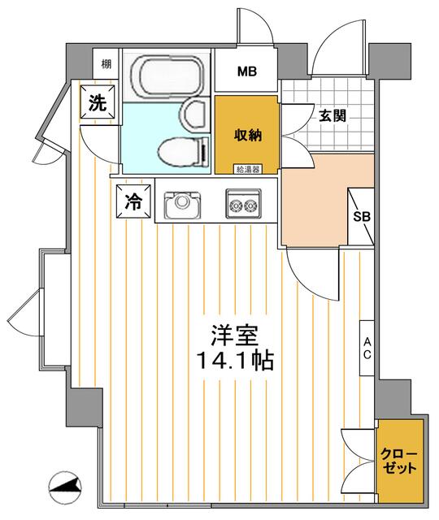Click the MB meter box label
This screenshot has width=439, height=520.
click(247, 71)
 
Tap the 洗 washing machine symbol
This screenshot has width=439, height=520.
click(98, 103)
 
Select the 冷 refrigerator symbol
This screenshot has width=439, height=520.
click(133, 201)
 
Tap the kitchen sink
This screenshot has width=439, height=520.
click(182, 205)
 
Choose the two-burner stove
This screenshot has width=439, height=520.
click(243, 204)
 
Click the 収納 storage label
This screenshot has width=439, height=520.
click(248, 135)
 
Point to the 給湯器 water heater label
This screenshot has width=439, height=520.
click(247, 170)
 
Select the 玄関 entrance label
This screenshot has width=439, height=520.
click(333, 115)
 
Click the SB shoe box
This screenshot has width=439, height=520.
click(361, 217)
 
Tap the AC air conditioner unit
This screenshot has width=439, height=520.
click(367, 348)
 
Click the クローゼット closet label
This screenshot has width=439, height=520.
click(398, 461)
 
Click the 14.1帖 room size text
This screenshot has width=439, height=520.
click(235, 361)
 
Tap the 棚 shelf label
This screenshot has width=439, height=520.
click(106, 63)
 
